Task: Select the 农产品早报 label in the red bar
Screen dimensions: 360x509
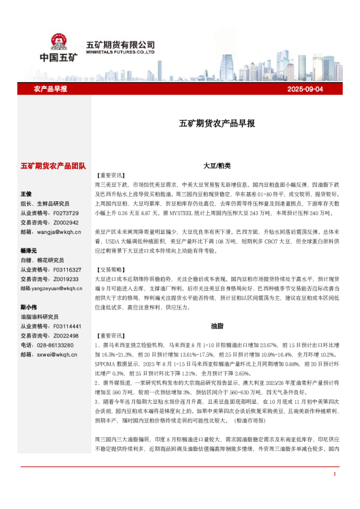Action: pos(51,89)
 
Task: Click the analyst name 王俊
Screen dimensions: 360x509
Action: pos(26,194)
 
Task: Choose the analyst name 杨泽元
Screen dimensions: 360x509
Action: pos(28,250)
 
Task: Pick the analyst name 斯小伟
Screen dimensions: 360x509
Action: pos(28,306)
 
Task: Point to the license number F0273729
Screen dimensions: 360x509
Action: pos(66,213)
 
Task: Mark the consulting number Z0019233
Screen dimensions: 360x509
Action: pos(66,279)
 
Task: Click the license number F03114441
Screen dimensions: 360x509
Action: pos(67,326)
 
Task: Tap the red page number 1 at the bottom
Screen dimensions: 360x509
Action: pos(334,491)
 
